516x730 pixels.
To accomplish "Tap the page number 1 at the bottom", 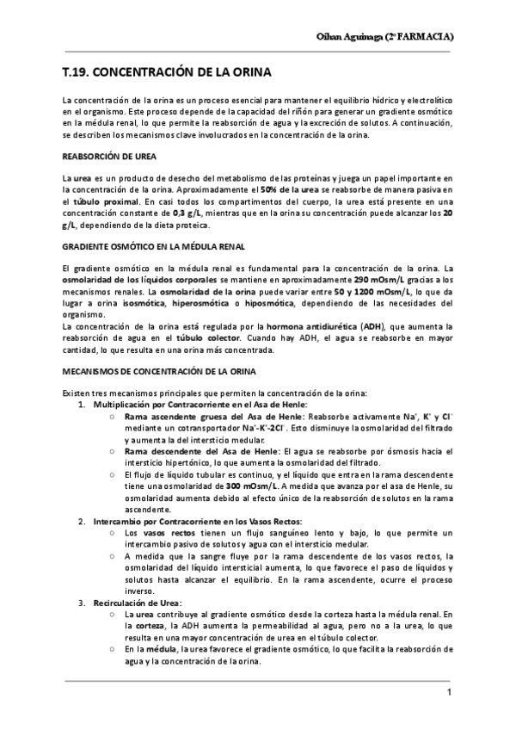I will [x=449, y=693].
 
